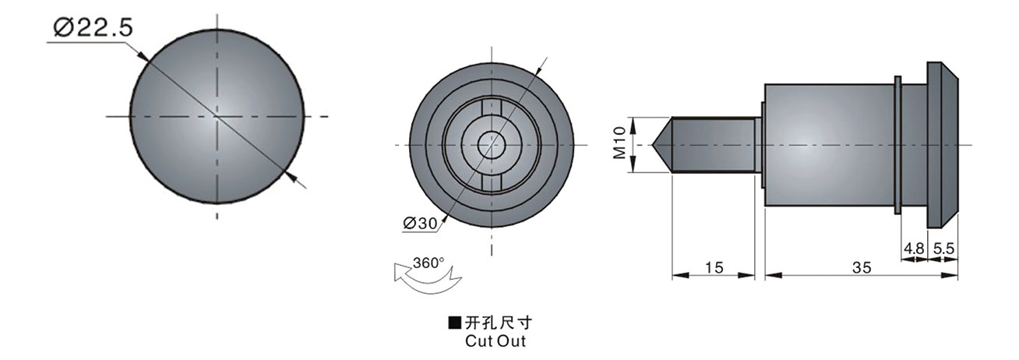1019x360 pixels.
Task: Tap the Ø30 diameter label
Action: pyautogui.click(x=420, y=223)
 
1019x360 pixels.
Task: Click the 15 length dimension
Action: pyautogui.click(x=713, y=267)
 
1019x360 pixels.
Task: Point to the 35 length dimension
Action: pyautogui.click(x=861, y=267)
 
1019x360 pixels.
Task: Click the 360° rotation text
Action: pyautogui.click(x=428, y=263)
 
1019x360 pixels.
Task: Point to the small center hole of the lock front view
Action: pyautogui.click(x=491, y=145)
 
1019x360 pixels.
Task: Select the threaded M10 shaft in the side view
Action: pyautogui.click(x=713, y=145)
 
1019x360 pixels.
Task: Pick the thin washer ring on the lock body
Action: pyautogui.click(x=898, y=145)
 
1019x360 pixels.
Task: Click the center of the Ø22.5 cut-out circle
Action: pyautogui.click(x=216, y=117)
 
